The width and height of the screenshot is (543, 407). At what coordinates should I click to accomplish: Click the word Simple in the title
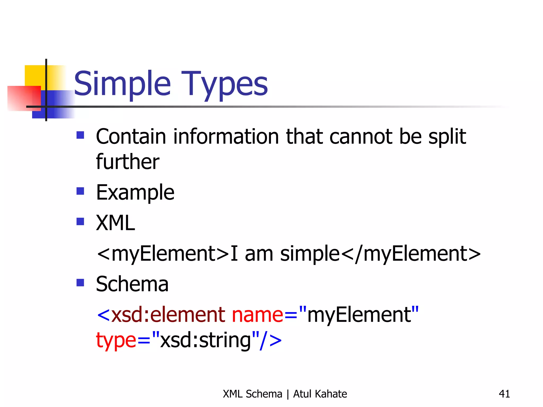[x=122, y=84]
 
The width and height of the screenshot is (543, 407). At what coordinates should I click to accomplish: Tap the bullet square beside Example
[x=80, y=191]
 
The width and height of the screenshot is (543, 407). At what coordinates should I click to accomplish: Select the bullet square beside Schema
[x=80, y=283]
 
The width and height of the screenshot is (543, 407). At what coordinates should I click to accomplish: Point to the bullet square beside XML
[x=80, y=222]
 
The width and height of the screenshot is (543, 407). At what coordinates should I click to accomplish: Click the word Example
[x=135, y=193]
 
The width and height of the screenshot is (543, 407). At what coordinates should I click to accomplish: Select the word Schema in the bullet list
[x=132, y=284]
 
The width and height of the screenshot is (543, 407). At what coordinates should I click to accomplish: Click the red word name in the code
[x=257, y=315]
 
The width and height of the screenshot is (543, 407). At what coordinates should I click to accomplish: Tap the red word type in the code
[x=116, y=340]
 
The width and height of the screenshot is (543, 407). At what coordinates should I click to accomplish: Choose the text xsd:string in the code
[x=206, y=340]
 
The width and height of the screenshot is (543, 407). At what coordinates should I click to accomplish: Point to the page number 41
[x=504, y=394]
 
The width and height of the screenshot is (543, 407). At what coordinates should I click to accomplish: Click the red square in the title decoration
[x=24, y=98]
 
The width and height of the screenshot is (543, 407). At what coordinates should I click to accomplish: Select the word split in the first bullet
[x=447, y=136]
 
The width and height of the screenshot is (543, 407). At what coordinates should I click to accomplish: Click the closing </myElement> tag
[x=411, y=254]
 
